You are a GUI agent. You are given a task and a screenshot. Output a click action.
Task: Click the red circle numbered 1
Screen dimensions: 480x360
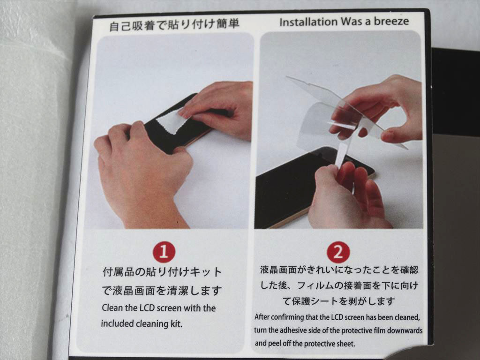pos(164,252)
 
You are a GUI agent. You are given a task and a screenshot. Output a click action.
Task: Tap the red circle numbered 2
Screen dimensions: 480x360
pos(338,253)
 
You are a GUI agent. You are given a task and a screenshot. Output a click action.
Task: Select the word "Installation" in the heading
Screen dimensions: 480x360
pos(308,22)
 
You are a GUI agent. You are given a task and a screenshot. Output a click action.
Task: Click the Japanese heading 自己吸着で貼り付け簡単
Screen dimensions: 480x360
pos(174,24)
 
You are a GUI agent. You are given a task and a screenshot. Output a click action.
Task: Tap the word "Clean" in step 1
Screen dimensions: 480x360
pos(112,307)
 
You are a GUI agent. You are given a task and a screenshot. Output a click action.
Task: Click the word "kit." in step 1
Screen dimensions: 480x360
pos(176,323)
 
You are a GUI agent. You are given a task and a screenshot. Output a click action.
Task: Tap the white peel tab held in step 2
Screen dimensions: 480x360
pos(341,156)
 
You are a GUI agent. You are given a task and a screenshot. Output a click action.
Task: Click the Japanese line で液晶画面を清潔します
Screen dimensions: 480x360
pos(162,290)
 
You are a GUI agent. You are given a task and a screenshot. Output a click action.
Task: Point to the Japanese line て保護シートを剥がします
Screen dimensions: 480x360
pos(338,301)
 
